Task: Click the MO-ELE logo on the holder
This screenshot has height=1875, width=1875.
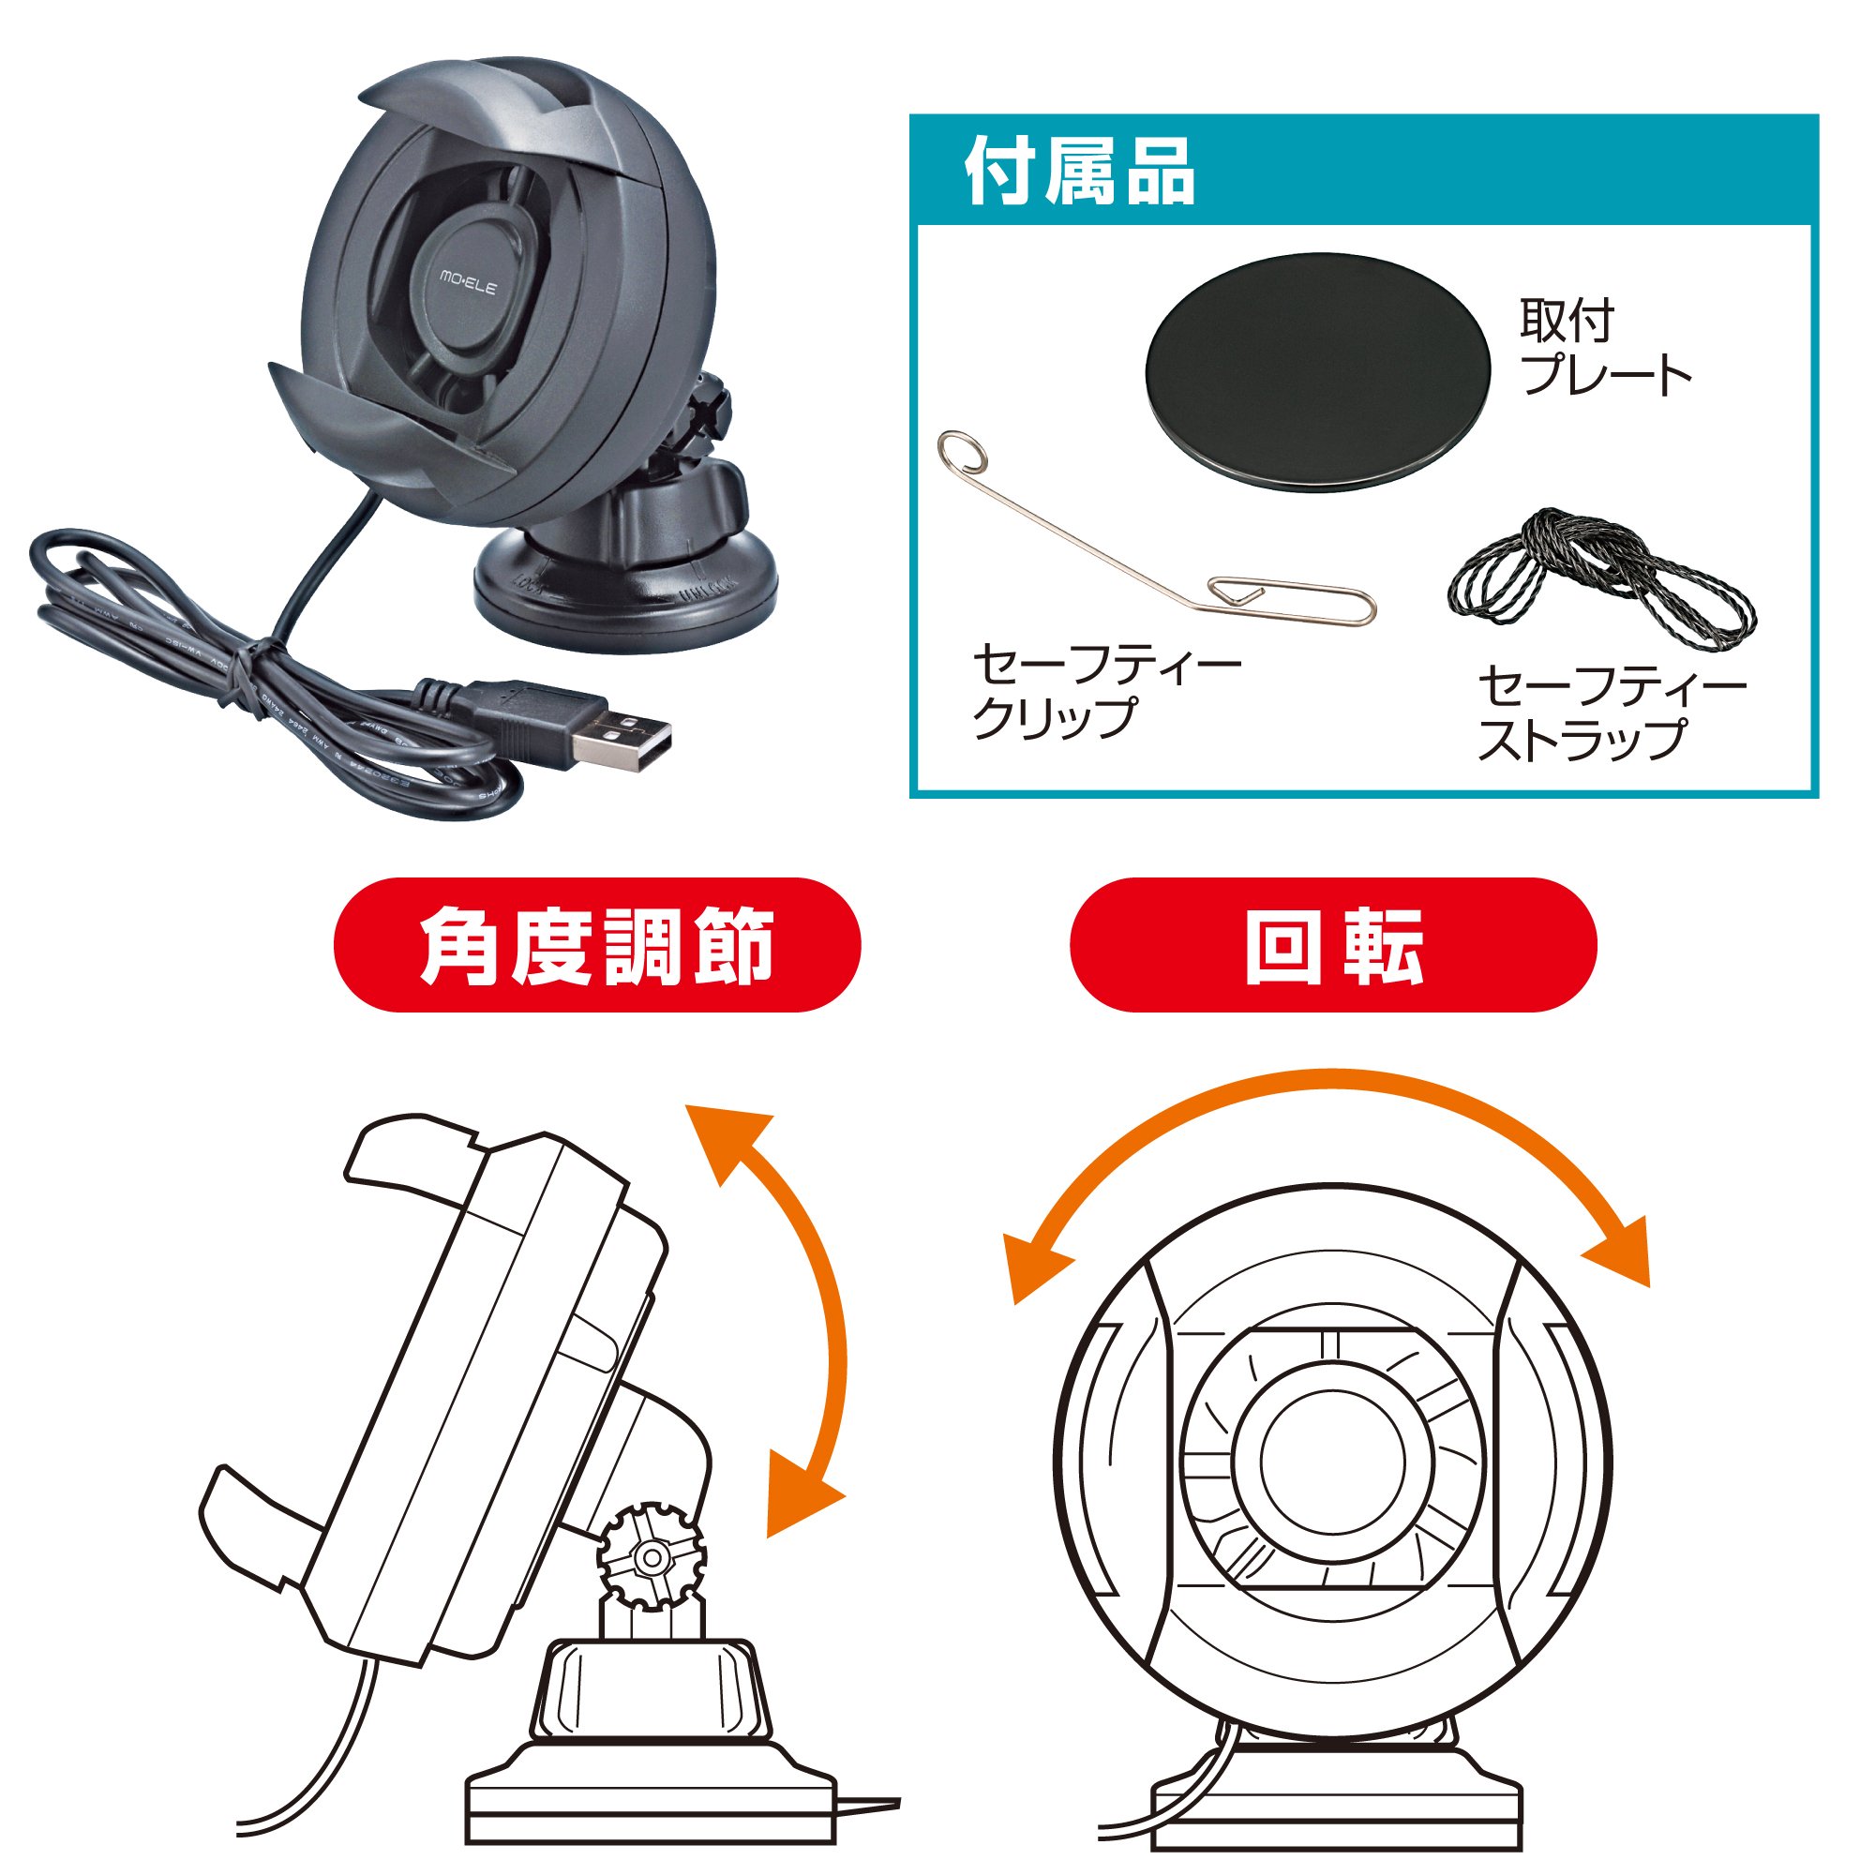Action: pos(468,282)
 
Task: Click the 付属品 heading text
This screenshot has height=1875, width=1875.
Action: pos(1079,172)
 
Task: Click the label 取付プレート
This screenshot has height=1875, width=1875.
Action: pos(1605,348)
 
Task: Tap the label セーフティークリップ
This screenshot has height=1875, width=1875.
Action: pos(1106,691)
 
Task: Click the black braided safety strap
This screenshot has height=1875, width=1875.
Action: pos(1601,578)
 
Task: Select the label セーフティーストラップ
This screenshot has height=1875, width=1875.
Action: pos(1612,712)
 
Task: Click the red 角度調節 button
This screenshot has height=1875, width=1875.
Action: pos(597,944)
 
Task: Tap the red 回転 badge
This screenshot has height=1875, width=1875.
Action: pos(1333,944)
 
